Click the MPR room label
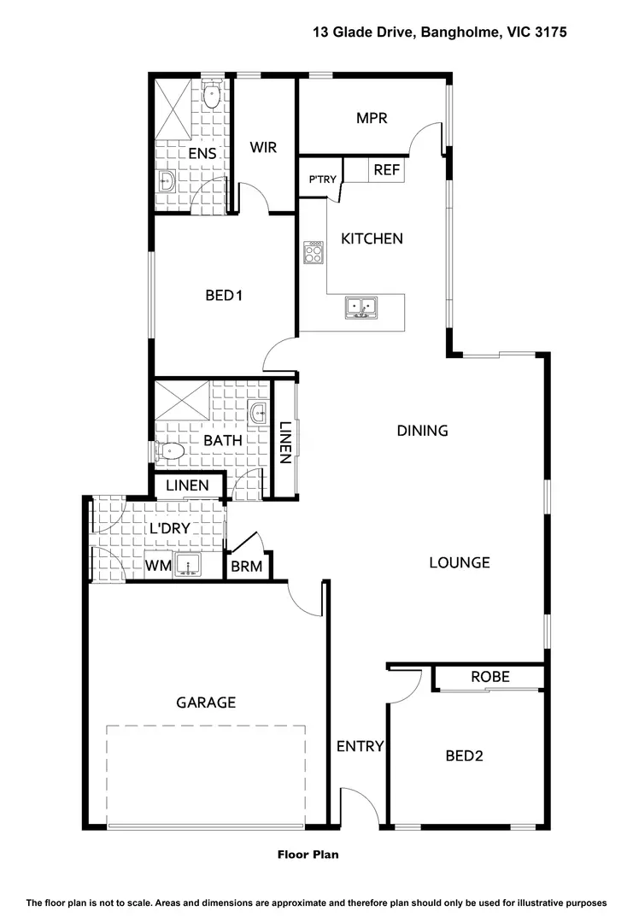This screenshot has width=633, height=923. [x=372, y=118]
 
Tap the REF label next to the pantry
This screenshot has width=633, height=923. [x=387, y=170]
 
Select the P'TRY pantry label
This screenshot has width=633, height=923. [x=323, y=179]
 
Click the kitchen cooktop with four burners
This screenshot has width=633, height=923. [x=314, y=251]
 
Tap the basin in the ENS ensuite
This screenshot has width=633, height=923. [x=167, y=180]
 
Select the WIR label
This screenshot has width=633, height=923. [x=263, y=147]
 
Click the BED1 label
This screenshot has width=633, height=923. [x=225, y=296]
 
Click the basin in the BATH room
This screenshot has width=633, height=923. [x=259, y=414]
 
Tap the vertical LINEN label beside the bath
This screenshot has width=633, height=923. [x=285, y=442]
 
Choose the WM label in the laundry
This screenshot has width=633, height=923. [x=157, y=565]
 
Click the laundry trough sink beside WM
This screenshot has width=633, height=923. [x=187, y=564]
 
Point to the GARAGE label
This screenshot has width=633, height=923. [x=206, y=703]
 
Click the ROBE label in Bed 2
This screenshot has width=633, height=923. [x=490, y=677]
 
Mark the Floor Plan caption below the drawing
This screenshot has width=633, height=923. [x=308, y=854]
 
